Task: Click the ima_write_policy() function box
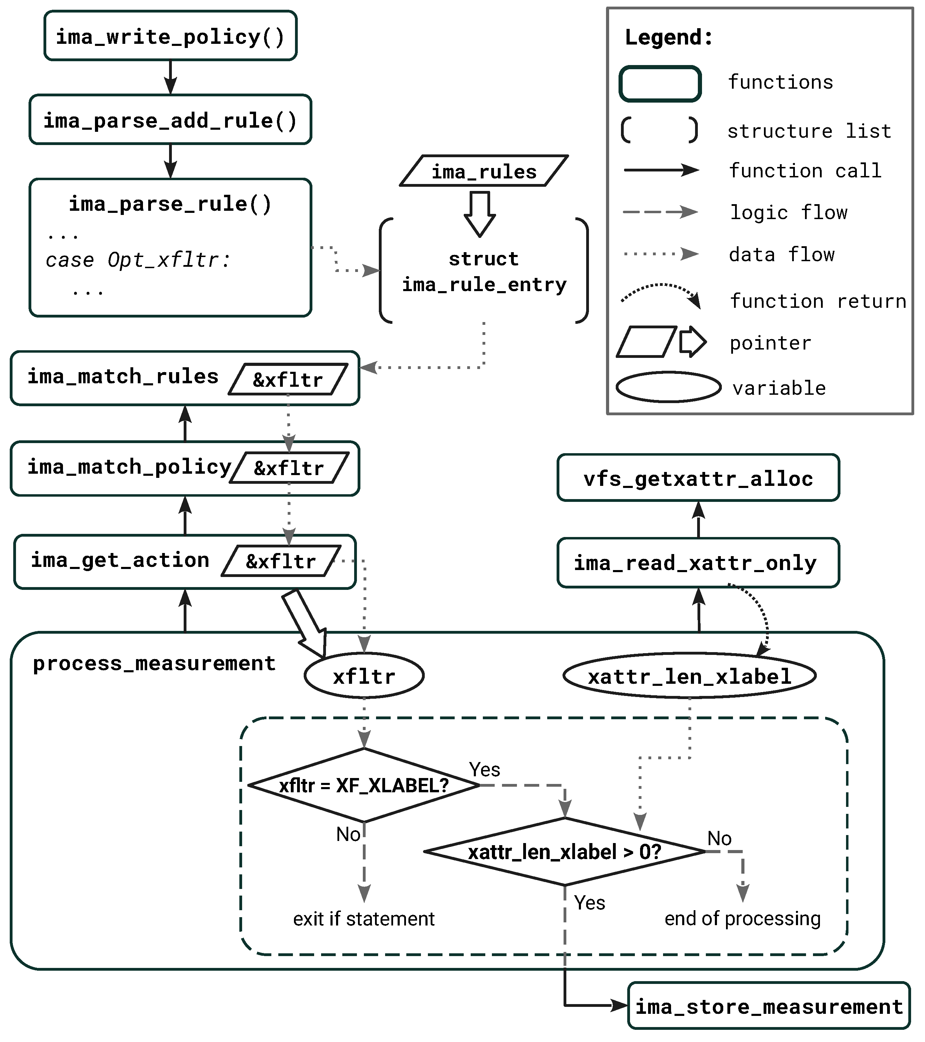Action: pyautogui.click(x=170, y=36)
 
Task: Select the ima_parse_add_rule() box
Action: pyautogui.click(x=170, y=120)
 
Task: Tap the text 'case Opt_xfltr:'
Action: pyautogui.click(x=138, y=260)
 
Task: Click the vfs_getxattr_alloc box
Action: pyautogui.click(x=698, y=479)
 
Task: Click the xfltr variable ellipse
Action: pyautogui.click(x=364, y=676)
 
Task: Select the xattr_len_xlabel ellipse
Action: pyautogui.click(x=690, y=676)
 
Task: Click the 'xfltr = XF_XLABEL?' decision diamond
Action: pyautogui.click(x=364, y=786)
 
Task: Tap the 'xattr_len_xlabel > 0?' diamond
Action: pyautogui.click(x=565, y=852)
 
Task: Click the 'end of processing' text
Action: pyautogui.click(x=742, y=919)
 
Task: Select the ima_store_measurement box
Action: pyautogui.click(x=769, y=1007)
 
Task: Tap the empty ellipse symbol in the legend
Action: pyautogui.click(x=669, y=387)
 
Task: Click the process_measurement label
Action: pyautogui.click(x=154, y=664)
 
